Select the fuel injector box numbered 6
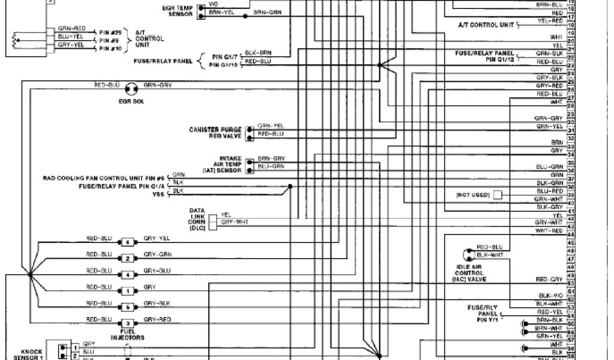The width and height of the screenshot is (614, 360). tap(127, 242)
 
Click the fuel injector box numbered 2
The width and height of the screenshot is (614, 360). tap(127, 259)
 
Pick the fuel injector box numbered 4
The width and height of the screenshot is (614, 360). tap(127, 275)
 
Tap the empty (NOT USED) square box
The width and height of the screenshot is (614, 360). tap(498, 196)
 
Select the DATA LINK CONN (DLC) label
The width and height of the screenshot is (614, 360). tap(198, 219)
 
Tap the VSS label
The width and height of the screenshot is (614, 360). tap(158, 194)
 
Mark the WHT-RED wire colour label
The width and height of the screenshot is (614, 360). tap(549, 230)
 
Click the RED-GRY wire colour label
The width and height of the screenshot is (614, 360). tap(549, 280)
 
